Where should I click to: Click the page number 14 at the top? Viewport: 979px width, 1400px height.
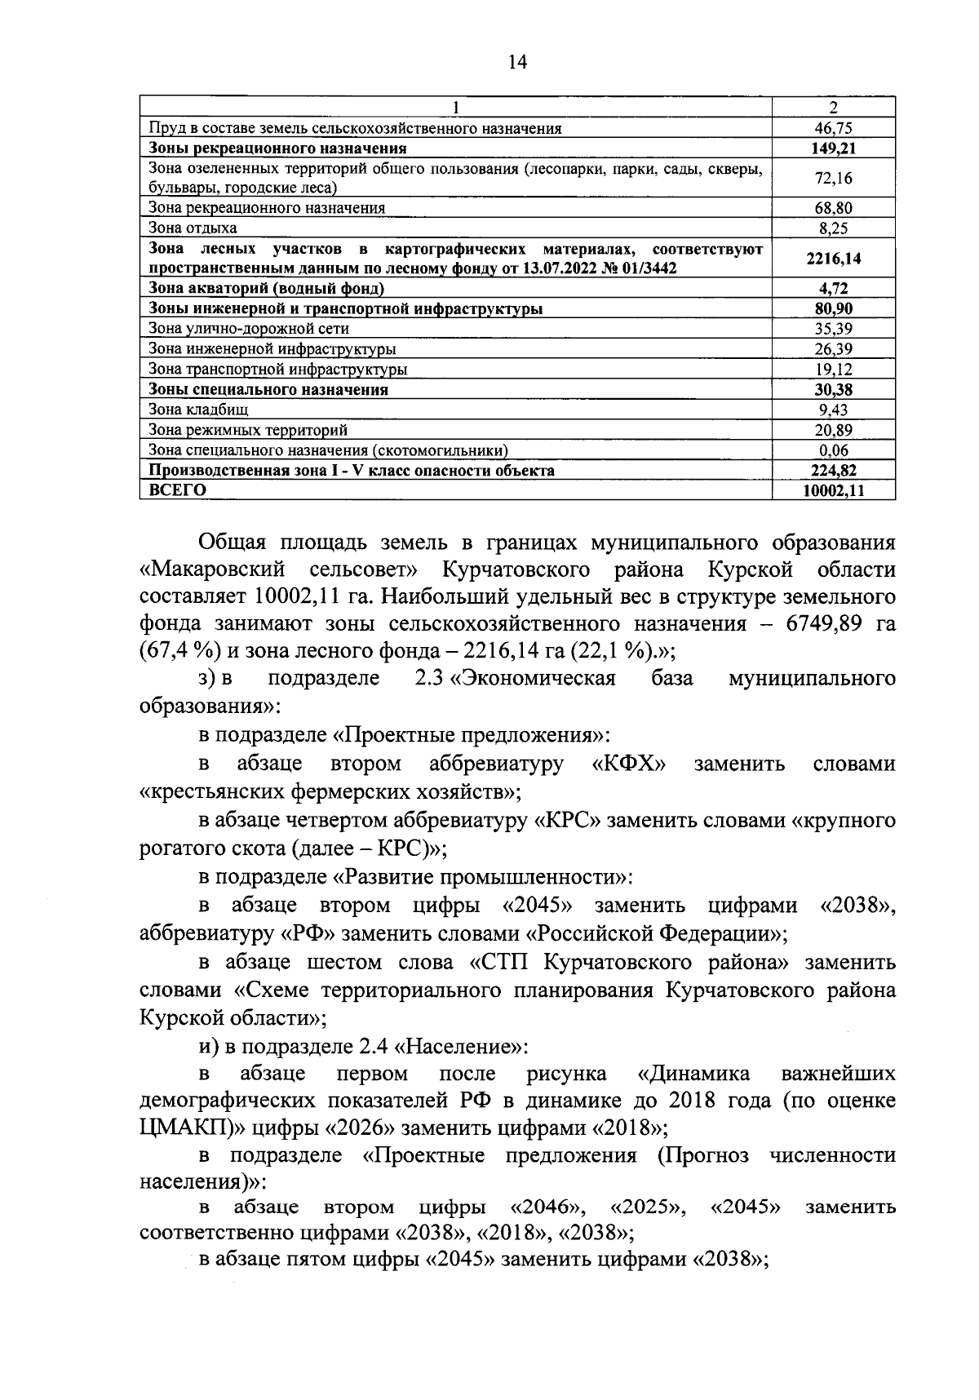(x=517, y=62)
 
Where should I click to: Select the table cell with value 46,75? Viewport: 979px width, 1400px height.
(x=833, y=128)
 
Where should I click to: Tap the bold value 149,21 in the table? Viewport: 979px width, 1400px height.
(x=833, y=148)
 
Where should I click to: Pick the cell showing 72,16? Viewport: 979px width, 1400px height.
(x=833, y=178)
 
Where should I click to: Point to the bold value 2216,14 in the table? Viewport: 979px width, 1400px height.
(x=833, y=259)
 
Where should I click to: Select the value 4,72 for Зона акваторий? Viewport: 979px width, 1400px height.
(x=833, y=288)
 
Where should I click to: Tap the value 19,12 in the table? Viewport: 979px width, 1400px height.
(x=833, y=370)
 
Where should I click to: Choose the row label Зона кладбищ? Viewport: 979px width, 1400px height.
(x=198, y=410)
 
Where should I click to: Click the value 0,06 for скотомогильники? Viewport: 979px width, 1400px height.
(x=833, y=450)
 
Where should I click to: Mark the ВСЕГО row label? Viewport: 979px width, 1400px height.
(x=177, y=490)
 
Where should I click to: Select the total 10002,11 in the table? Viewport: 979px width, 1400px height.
(x=833, y=490)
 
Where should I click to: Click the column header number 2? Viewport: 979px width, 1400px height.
(x=833, y=108)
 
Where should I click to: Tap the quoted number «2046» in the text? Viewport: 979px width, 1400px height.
(x=547, y=1207)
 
